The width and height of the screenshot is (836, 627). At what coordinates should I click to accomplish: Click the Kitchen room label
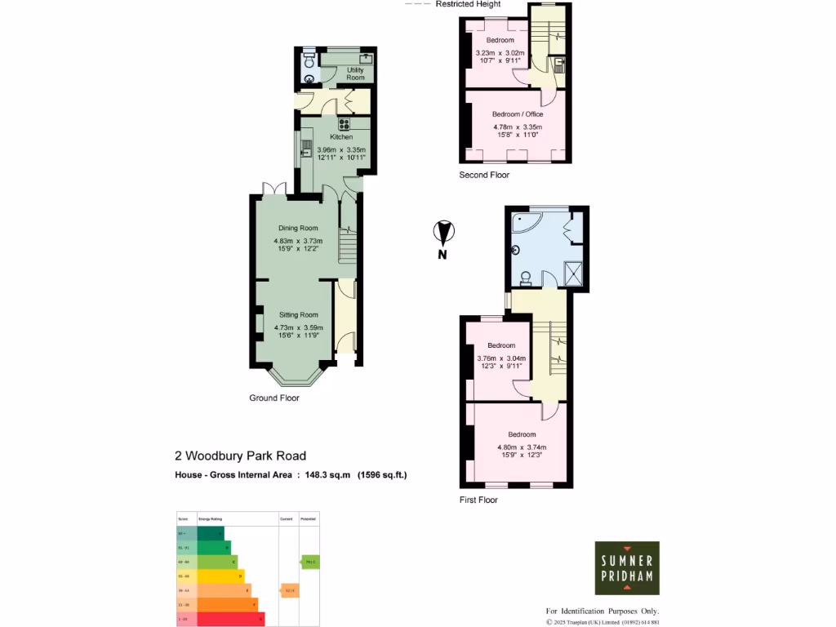341,137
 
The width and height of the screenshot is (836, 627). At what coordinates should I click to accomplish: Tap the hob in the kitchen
344,125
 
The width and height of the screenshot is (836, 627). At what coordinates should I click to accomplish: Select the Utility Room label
355,73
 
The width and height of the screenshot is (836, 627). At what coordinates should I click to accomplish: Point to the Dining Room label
298,228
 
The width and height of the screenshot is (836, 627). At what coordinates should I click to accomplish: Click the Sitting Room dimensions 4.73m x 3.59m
298,327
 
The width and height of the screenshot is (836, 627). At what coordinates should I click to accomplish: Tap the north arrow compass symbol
442,235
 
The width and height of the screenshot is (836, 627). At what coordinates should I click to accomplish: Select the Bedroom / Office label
517,114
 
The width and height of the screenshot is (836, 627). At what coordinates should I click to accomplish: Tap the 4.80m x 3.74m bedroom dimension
522,447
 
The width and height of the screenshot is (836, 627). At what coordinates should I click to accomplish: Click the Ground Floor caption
274,398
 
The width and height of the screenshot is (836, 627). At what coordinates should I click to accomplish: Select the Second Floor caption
484,175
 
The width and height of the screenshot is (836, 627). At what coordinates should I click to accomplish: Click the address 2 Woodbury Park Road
240,456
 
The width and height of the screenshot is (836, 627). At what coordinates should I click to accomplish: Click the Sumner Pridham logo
626,567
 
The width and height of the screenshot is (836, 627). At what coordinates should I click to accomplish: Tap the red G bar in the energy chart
220,620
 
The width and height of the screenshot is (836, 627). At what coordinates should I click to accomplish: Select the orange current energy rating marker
288,589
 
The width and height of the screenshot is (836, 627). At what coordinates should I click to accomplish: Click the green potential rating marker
309,562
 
